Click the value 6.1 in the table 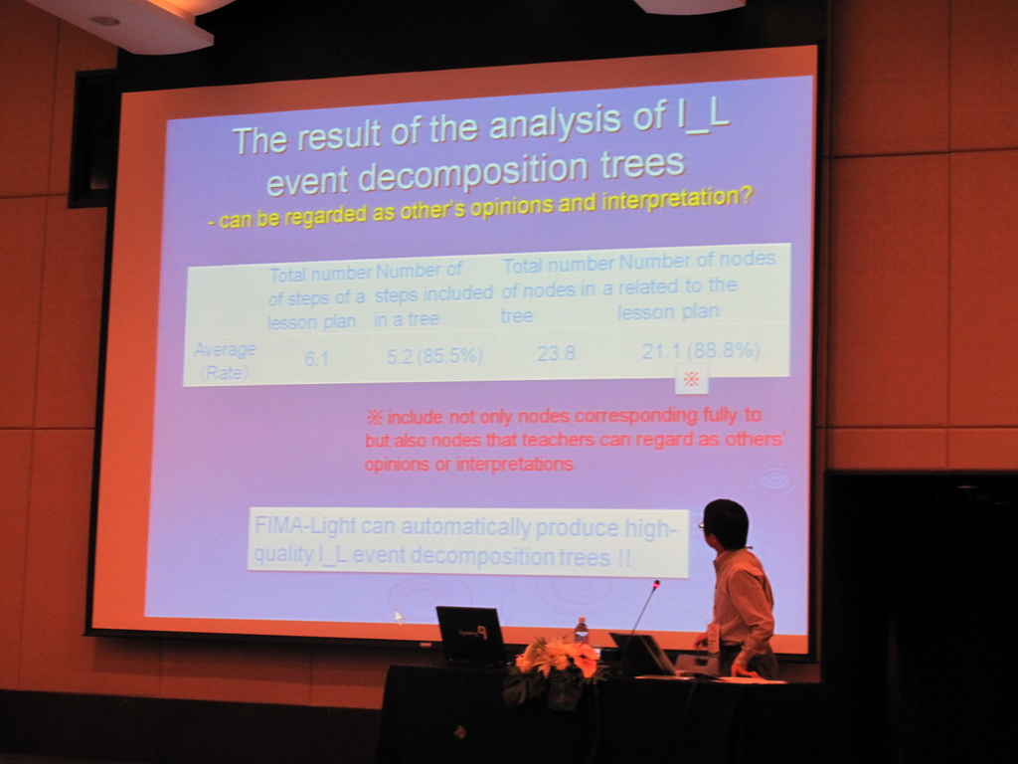click(x=316, y=357)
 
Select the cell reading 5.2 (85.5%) click(x=434, y=355)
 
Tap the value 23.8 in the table click(x=556, y=353)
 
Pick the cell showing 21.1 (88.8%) click(x=701, y=351)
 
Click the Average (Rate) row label click(x=225, y=361)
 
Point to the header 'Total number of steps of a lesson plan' click(x=319, y=297)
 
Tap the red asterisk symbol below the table click(x=692, y=379)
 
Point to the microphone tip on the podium click(x=657, y=584)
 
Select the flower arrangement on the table click(x=554, y=670)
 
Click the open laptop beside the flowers click(x=471, y=636)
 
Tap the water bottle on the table click(x=581, y=631)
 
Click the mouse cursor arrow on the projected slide click(x=398, y=617)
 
